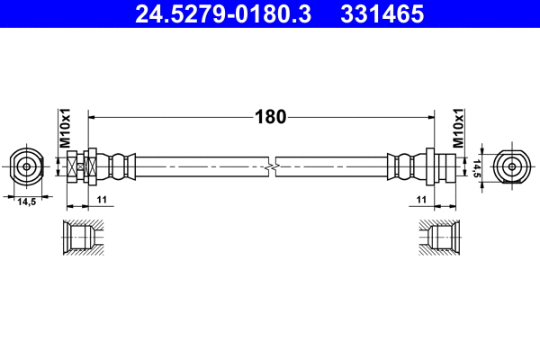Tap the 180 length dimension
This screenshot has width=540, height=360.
[x=270, y=116]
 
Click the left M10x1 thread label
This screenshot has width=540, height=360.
[x=65, y=127]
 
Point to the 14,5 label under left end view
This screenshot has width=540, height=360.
[x=27, y=202]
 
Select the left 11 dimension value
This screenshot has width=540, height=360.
[x=102, y=198]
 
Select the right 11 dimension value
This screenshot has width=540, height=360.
[x=420, y=198]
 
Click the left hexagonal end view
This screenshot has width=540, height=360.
[x=27, y=166]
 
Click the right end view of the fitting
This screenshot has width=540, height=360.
[x=512, y=166]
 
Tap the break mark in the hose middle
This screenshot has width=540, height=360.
[x=271, y=166]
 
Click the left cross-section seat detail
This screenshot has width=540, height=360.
[x=83, y=238]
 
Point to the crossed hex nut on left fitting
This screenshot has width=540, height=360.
[x=78, y=166]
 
